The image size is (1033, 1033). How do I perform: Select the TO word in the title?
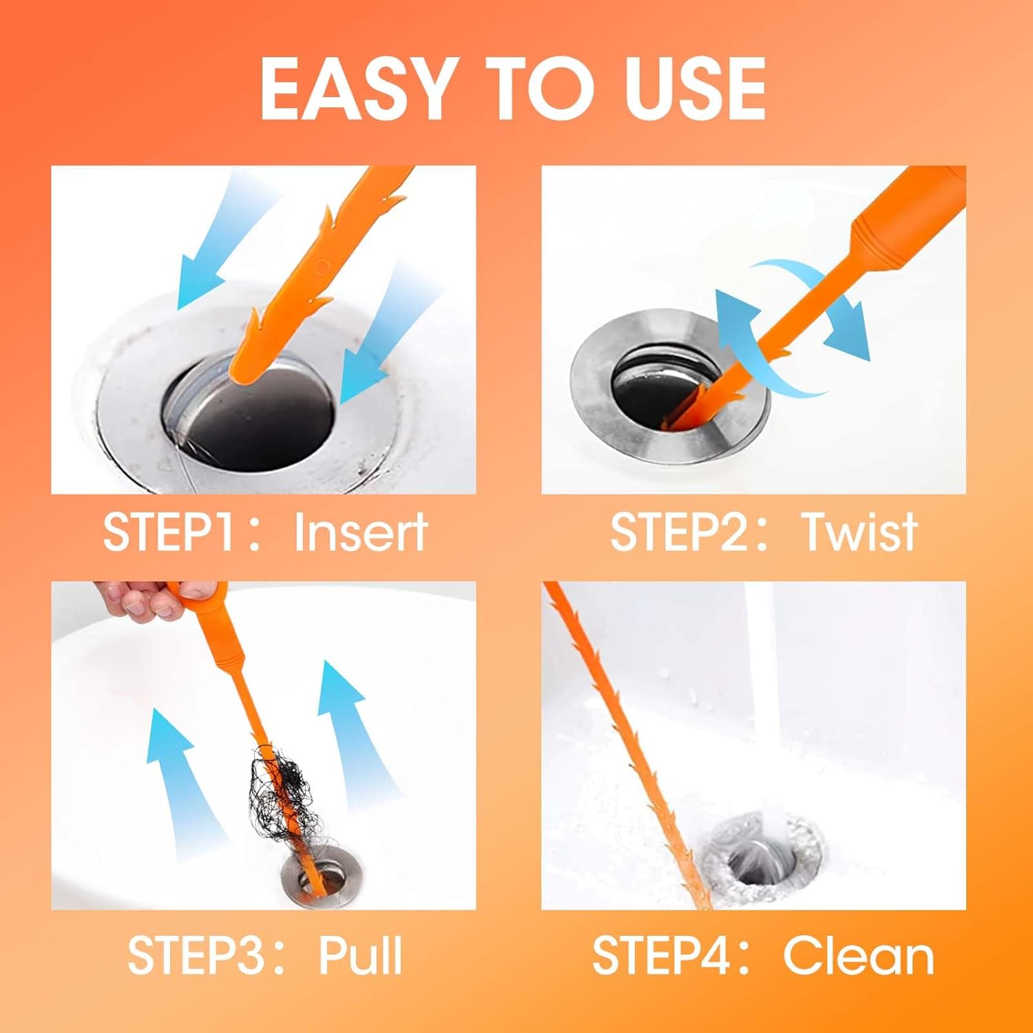pos(527,88)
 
